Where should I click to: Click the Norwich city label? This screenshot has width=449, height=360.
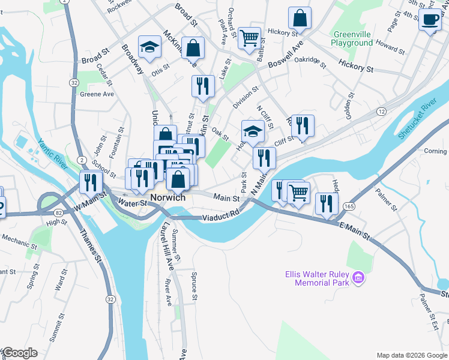point(168,198)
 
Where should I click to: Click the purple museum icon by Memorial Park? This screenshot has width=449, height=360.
point(359,277)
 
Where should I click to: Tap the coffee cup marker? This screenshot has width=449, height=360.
point(429,20)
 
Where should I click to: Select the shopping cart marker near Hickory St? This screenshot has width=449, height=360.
point(250,38)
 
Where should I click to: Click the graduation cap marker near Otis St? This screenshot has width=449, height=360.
point(149,47)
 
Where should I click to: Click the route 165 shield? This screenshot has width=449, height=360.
point(349,205)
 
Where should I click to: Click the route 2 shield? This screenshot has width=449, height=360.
point(82,160)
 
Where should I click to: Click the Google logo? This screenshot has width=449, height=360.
point(19,353)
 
